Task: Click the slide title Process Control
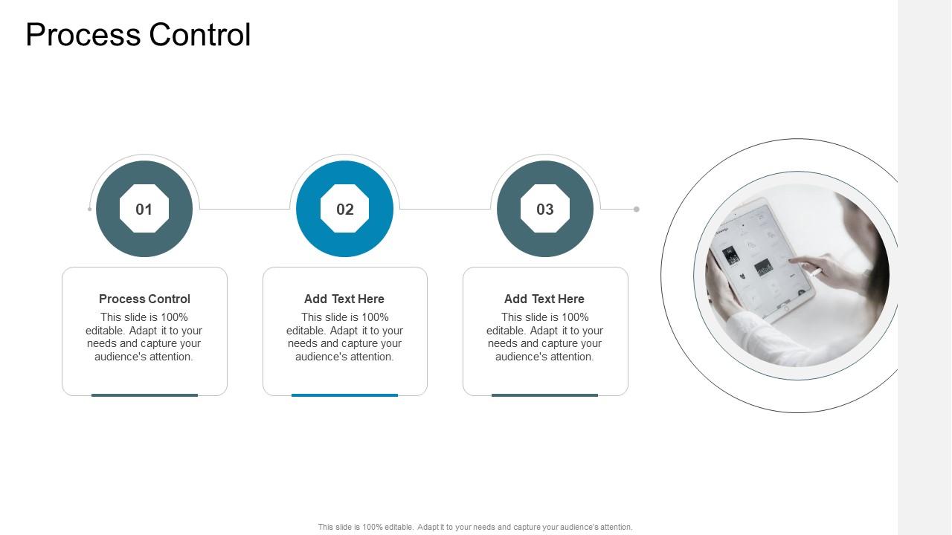(x=138, y=35)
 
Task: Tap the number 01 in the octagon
(x=144, y=210)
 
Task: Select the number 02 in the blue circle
(x=344, y=210)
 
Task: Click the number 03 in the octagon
(x=545, y=210)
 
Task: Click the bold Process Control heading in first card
(x=144, y=299)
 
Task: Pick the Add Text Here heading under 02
(x=344, y=299)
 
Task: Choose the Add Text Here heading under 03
(x=544, y=299)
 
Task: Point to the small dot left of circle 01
(x=90, y=210)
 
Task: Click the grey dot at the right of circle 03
(x=637, y=210)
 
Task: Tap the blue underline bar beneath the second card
(x=344, y=395)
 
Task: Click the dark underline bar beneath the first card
(x=144, y=395)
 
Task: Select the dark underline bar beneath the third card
(x=544, y=395)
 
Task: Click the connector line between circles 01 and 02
(x=244, y=210)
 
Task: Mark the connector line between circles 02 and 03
(x=445, y=210)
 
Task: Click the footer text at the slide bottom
(x=475, y=527)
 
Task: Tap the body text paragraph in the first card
(x=144, y=337)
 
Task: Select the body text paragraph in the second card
(x=344, y=337)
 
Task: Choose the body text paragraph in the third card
(x=544, y=337)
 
